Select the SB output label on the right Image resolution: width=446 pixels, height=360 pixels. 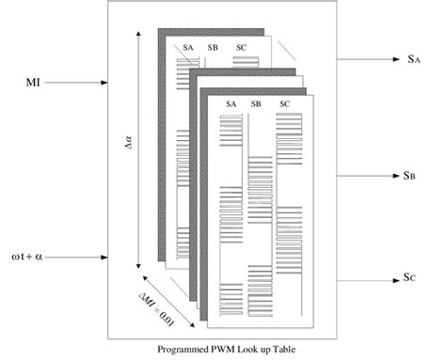coord(413,175)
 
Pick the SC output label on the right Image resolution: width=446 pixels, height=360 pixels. coord(413,278)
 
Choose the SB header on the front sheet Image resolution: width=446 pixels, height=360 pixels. coord(257,104)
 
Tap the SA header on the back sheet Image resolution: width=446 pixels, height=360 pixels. coord(188,47)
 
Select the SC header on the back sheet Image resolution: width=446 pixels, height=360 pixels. coord(241,47)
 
